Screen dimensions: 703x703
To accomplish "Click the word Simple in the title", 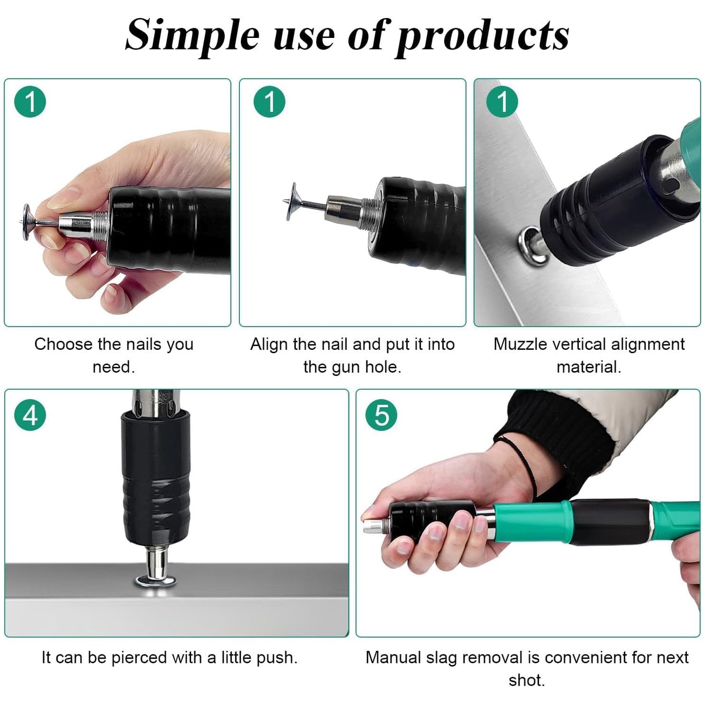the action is point(192,36).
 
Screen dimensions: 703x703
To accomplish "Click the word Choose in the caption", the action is point(63,344).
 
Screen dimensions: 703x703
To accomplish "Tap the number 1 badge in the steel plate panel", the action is point(502,101).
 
